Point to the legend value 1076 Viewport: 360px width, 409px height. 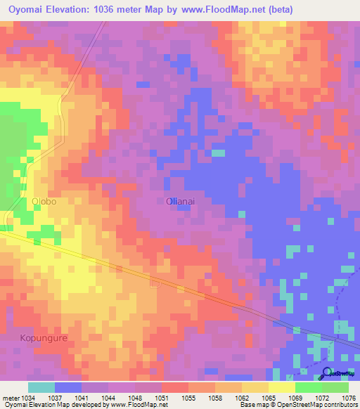point(349,398)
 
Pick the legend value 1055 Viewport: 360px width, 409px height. point(189,398)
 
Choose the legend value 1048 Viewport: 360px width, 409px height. point(136,398)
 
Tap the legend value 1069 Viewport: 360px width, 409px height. point(295,398)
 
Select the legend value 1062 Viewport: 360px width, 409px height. point(243,398)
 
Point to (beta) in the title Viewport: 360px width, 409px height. point(276,9)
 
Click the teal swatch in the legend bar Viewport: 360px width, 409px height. point(41,387)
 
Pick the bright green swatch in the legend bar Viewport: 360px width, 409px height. point(309,387)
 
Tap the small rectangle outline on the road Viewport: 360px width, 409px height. point(155,283)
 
